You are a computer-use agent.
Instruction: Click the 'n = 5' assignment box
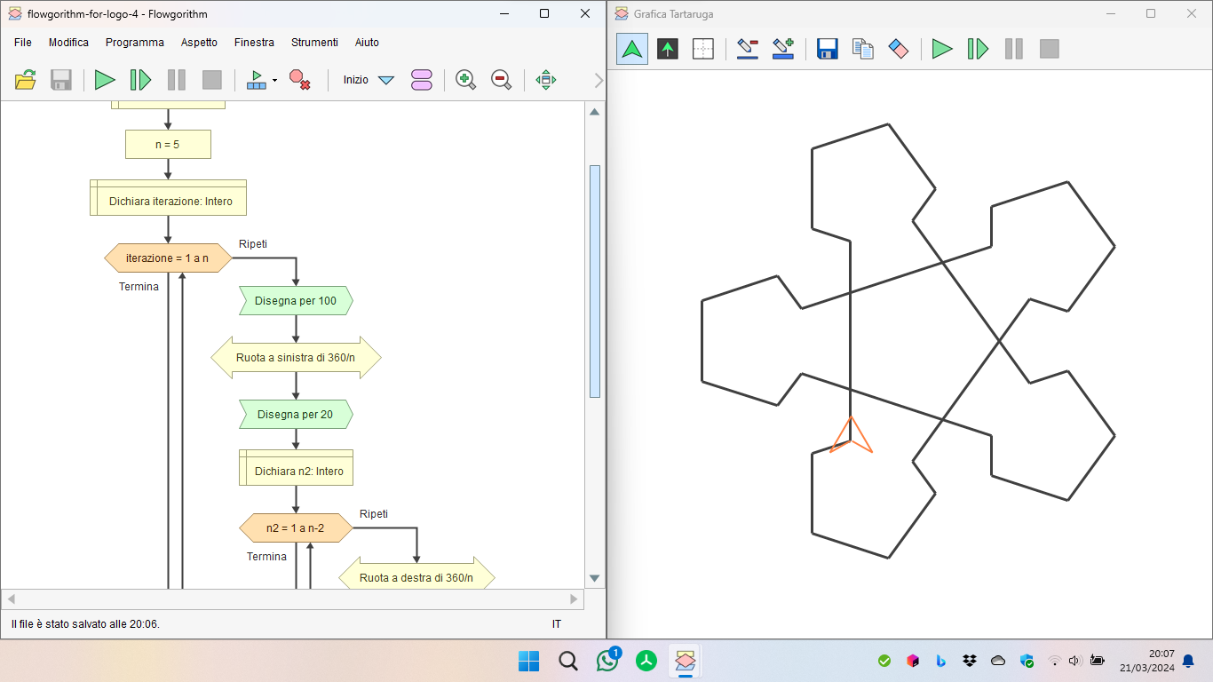click(168, 145)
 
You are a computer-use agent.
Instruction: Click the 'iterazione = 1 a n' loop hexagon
click(168, 258)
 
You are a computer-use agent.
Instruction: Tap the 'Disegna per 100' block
click(296, 301)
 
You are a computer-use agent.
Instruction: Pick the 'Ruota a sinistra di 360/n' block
click(296, 358)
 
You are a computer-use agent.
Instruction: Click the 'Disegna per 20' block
click(296, 415)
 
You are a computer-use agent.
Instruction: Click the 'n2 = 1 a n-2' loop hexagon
click(296, 528)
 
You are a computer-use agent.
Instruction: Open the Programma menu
click(135, 43)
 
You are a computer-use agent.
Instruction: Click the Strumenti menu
click(314, 43)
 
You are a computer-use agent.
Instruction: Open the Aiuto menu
click(367, 43)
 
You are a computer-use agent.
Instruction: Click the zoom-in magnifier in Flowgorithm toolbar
click(465, 80)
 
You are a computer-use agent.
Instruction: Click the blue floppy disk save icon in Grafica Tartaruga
click(827, 49)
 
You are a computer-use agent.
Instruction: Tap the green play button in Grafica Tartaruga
click(941, 49)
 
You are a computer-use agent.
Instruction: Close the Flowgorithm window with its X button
click(585, 13)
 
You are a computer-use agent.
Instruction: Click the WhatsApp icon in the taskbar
click(607, 661)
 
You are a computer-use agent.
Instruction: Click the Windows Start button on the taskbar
click(528, 661)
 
